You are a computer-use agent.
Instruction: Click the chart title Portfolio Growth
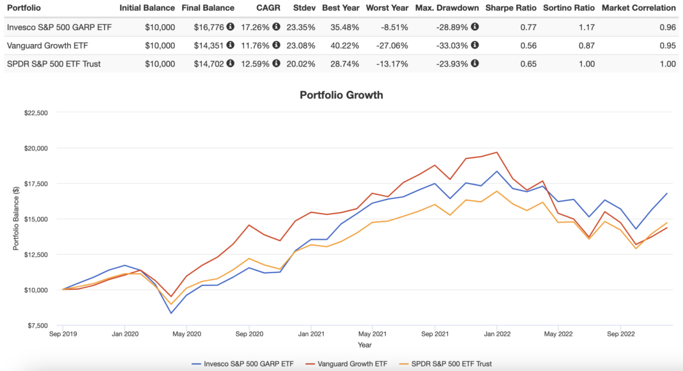(x=341, y=95)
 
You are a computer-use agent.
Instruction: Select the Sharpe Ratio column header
(x=510, y=8)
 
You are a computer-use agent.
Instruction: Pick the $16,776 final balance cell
(x=210, y=28)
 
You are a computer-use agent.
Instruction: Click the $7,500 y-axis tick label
(x=36, y=326)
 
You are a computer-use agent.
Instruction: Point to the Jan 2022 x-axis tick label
(x=496, y=333)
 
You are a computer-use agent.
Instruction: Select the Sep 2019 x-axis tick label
(x=62, y=333)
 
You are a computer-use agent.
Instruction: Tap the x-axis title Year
(x=364, y=345)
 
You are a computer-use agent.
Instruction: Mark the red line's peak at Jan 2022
(x=496, y=152)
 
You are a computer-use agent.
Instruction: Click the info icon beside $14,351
(x=230, y=45)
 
